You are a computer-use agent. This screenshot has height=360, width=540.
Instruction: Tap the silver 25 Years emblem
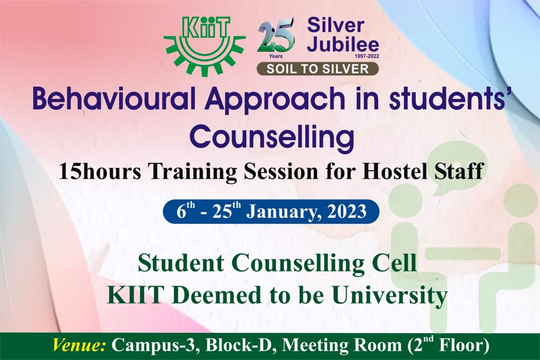coord(276,38)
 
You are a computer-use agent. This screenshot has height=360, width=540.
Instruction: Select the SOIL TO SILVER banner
coord(317,69)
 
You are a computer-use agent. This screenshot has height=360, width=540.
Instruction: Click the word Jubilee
coord(343,44)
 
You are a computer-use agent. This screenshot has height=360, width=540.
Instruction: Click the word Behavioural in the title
coord(114,98)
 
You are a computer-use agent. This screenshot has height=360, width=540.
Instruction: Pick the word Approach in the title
coord(275,100)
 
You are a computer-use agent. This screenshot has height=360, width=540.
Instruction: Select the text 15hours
coord(100,171)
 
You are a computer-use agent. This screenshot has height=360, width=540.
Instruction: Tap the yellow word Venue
coord(79,345)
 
